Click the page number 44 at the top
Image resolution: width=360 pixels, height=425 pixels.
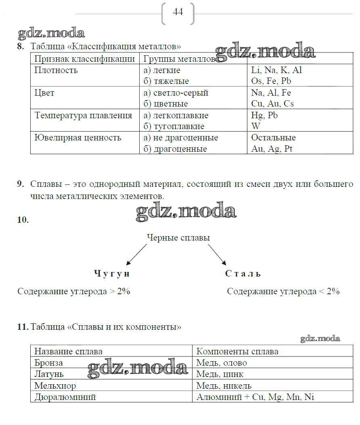178,12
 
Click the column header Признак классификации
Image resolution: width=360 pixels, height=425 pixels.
85,59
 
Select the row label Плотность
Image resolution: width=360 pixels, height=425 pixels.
56,70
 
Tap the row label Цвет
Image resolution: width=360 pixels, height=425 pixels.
44,93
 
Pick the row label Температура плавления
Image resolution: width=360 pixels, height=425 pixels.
83,115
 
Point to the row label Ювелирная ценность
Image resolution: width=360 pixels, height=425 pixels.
78,138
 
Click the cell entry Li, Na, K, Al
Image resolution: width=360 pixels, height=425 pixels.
276,70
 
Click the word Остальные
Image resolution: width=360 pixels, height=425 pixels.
273,138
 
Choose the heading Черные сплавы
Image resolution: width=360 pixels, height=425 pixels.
178,238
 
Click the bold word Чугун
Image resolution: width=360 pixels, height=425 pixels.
112,274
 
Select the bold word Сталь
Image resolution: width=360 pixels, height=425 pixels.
243,274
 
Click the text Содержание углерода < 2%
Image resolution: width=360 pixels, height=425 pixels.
283,291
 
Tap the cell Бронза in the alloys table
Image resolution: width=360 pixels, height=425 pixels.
49,363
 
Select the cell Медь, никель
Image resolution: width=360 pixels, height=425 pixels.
224,385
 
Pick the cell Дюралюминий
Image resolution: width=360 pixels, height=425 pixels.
65,397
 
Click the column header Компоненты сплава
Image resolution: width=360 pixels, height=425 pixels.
237,352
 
